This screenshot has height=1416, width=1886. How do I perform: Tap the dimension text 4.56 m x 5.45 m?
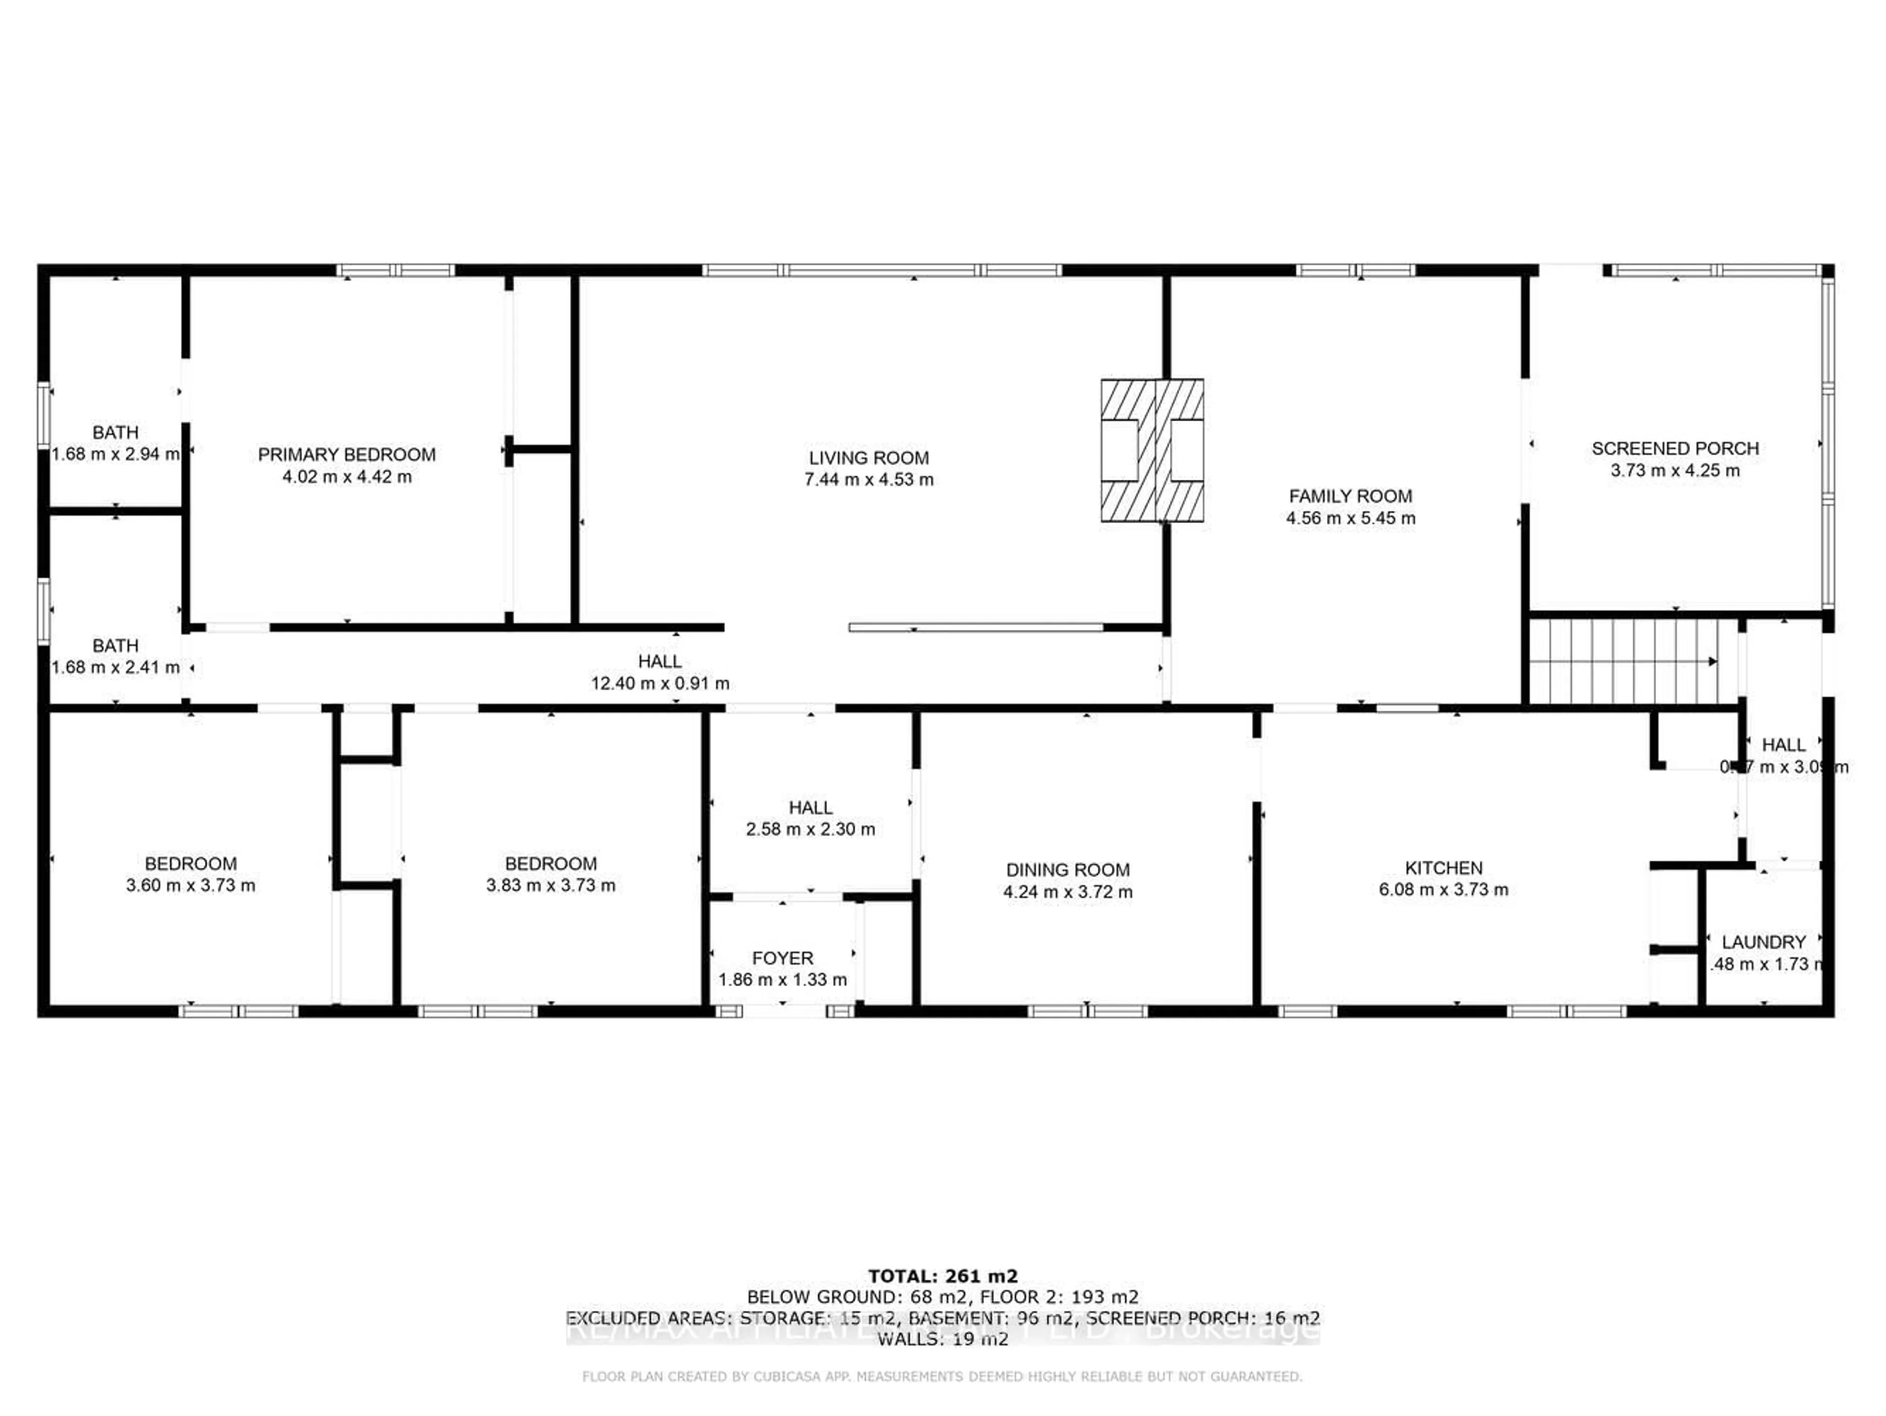(x=1351, y=518)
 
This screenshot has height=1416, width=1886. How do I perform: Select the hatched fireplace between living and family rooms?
(x=1152, y=450)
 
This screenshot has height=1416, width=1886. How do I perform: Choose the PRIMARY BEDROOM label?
(x=347, y=455)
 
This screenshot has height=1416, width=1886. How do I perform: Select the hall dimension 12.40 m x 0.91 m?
(x=660, y=683)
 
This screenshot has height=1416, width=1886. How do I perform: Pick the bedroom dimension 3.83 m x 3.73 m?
(x=551, y=885)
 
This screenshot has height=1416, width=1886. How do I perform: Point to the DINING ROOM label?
(x=1067, y=870)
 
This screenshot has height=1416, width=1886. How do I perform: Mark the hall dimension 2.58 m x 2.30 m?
(x=810, y=829)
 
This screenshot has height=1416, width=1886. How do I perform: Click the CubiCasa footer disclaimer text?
(x=942, y=1376)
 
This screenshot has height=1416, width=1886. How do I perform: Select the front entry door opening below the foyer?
(x=783, y=1011)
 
